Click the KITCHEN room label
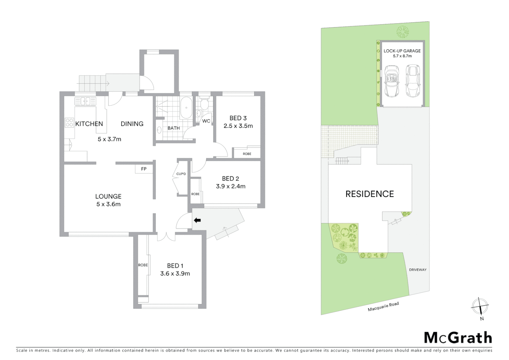[89, 124]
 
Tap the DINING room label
[132, 124]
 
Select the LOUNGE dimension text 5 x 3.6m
[108, 204]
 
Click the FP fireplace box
[144, 169]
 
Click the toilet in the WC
[204, 105]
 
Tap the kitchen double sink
[85, 101]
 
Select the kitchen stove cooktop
[69, 123]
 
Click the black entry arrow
[197, 220]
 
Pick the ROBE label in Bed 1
[143, 265]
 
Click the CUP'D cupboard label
[181, 174]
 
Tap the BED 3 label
[238, 118]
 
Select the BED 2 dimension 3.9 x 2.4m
[231, 187]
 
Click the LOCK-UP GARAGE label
[402, 51]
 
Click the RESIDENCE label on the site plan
[369, 194]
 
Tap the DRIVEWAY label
[417, 270]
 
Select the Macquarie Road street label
[383, 307]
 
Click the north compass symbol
[480, 306]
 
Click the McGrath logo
[458, 338]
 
